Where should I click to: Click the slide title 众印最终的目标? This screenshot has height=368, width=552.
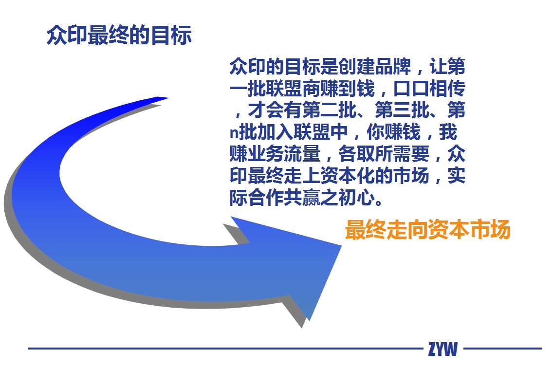119,35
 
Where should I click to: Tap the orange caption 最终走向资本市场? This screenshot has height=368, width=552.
427,230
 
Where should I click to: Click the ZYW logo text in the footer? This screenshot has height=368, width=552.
443,349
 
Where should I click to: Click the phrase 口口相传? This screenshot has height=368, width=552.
429,88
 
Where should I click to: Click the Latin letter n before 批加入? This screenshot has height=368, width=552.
234,133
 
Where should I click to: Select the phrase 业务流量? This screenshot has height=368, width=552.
284,153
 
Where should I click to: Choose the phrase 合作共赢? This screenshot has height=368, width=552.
284,197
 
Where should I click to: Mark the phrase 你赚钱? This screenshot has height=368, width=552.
393,132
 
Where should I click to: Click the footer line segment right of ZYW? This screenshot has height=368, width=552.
502,349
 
